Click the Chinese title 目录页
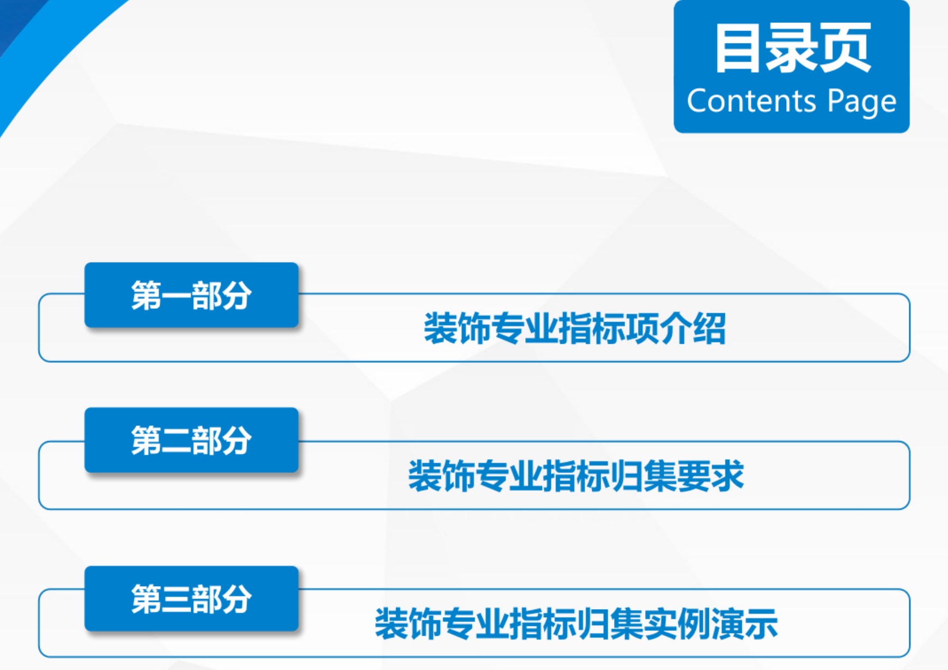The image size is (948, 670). click(793, 48)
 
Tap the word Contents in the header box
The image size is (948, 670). click(751, 101)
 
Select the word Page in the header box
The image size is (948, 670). click(862, 102)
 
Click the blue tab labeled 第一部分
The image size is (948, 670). click(191, 295)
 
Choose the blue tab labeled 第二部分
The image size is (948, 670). click(191, 440)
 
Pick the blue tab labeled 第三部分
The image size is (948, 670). click(191, 598)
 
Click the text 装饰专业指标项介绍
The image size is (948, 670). click(575, 328)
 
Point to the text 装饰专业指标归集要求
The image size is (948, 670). click(576, 476)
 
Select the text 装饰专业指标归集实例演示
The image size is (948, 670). click(576, 623)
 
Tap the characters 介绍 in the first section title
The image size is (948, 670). click(693, 328)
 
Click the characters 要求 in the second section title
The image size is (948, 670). click(710, 476)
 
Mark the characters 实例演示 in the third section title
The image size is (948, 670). click(710, 623)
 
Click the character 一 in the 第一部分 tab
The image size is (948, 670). click(176, 296)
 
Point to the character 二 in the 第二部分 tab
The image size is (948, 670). click(176, 440)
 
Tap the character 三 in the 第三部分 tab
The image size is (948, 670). click(176, 599)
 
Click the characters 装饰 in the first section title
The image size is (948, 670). click(457, 328)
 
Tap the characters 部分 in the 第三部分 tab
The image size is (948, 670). click(221, 599)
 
